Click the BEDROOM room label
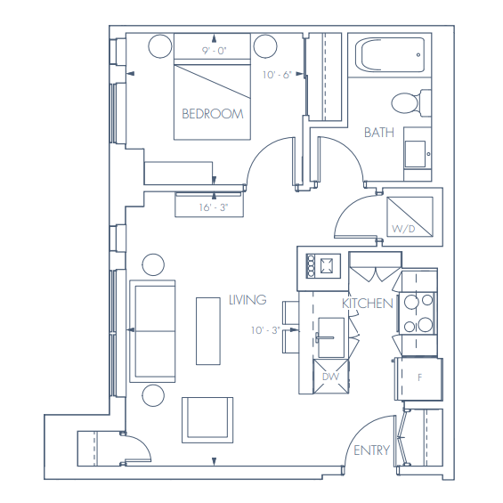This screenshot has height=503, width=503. tap(212, 114)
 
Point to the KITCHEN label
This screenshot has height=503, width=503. tap(368, 304)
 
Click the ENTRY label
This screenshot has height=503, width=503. tap(371, 450)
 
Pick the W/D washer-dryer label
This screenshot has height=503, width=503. tap(403, 230)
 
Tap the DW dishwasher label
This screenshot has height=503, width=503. tap(329, 376)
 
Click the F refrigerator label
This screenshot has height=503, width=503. tap(418, 377)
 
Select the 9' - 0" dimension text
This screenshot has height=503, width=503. tap(215, 51)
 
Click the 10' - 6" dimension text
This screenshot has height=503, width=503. tap(278, 76)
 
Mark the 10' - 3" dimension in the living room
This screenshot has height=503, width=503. tap(265, 330)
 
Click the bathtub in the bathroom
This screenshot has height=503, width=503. tap(388, 56)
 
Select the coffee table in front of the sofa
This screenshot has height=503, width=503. tap(207, 329)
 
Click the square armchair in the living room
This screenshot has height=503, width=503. tap(207, 419)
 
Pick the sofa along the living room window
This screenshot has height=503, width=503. tap(152, 330)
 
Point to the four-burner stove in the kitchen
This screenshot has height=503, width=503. tap(417, 313)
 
